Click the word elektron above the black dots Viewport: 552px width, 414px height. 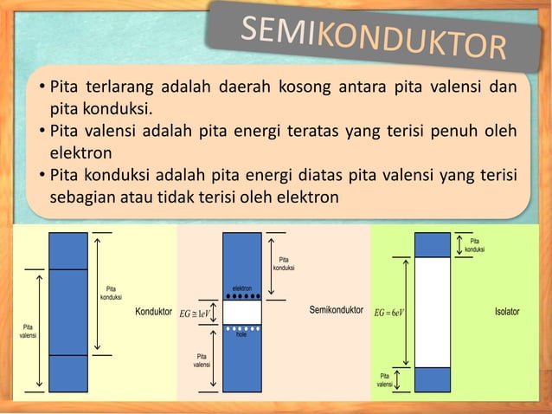coord(242,288)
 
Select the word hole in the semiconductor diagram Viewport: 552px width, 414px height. coord(242,335)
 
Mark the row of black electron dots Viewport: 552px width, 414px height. coord(242,297)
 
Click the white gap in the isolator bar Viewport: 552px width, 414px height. coord(433,312)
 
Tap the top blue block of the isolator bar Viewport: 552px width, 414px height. coord(433,244)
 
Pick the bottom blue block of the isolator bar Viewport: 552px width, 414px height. coord(433,379)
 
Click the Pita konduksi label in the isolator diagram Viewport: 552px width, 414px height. coord(474,245)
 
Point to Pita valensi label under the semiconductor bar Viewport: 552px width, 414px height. coord(201,360)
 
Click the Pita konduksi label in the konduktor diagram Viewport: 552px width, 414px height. coord(110,294)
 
